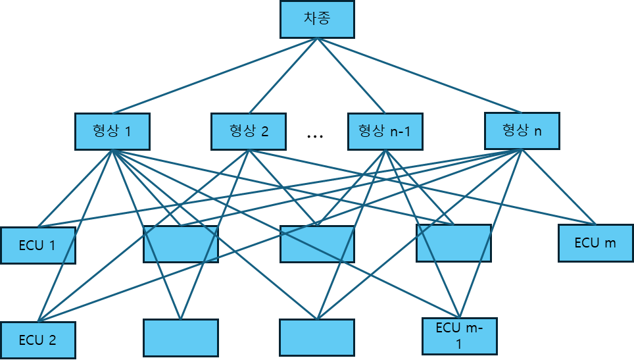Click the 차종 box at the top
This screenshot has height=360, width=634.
click(317, 19)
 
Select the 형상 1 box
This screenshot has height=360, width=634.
click(112, 132)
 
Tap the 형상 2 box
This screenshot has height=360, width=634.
click(249, 132)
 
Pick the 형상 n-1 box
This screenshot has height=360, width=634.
click(385, 132)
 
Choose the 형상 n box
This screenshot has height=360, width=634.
click(522, 130)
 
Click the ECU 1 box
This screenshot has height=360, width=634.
click(37, 245)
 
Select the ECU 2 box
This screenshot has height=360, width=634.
click(37, 340)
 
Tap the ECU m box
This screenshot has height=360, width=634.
click(595, 243)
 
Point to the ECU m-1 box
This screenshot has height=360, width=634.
click(458, 336)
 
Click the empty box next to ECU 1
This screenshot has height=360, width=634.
click(180, 244)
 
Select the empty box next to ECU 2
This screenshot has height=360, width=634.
click(180, 338)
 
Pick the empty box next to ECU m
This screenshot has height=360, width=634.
click(453, 244)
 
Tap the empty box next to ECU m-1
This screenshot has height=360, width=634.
click(316, 338)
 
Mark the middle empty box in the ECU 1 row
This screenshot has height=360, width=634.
click(317, 244)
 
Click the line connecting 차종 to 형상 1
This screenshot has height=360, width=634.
click(215, 76)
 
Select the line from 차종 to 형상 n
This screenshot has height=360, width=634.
click(420, 76)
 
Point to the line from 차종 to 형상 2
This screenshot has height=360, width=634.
click(283, 76)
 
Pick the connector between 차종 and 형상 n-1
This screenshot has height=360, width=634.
click(351, 76)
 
